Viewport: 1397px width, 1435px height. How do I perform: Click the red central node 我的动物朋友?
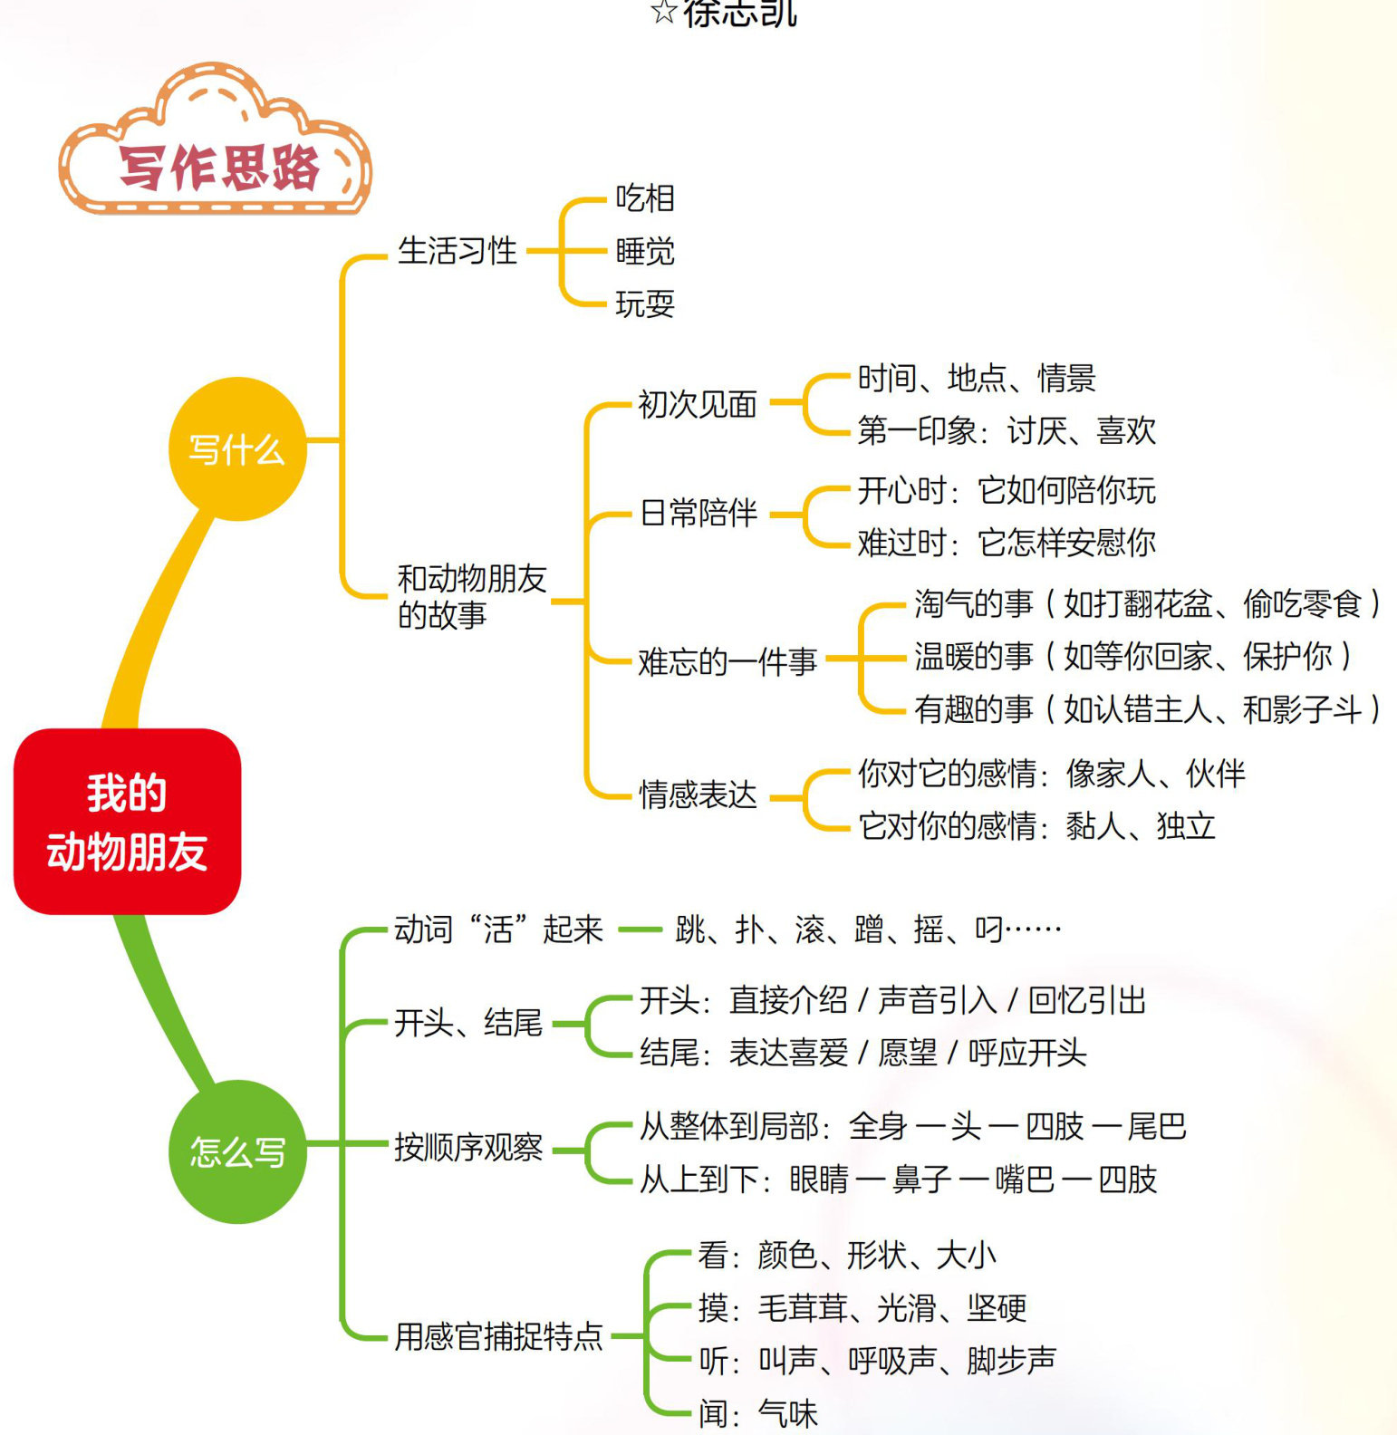(127, 822)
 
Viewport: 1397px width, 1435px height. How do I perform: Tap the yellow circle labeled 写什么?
(237, 449)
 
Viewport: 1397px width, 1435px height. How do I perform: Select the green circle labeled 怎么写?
(237, 1151)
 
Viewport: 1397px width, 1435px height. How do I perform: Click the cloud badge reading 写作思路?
(217, 166)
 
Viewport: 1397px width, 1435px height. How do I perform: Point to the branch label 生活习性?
(457, 251)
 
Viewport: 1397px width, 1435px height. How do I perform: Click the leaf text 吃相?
(645, 198)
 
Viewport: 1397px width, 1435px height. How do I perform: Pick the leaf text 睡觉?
(645, 251)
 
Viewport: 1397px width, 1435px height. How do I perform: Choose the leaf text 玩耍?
(645, 303)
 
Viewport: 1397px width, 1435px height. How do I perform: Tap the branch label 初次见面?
(697, 404)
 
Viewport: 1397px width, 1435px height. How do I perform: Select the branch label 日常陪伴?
(698, 513)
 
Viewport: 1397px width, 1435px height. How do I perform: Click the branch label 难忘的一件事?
(727, 661)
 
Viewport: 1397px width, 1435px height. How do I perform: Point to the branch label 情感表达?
(697, 795)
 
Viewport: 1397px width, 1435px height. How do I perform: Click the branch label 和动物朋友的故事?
(470, 596)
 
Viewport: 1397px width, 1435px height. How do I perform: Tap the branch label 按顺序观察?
(467, 1148)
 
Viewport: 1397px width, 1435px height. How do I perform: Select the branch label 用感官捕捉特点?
(498, 1336)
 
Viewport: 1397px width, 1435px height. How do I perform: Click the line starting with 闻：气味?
(757, 1413)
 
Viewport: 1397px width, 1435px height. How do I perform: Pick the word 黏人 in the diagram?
(1094, 826)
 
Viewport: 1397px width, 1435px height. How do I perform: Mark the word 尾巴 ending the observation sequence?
(1156, 1126)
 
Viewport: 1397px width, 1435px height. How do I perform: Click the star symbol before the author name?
(663, 12)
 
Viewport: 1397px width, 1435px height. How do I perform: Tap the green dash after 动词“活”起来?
(640, 929)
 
